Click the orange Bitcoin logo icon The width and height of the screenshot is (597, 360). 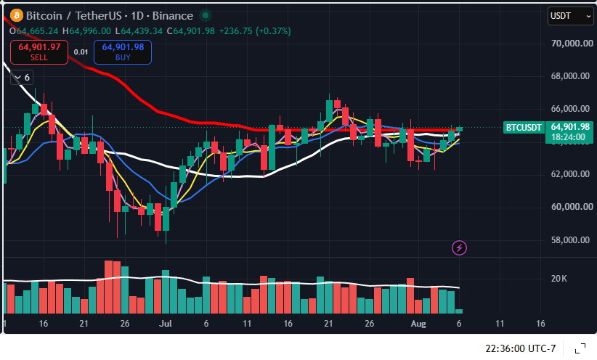click(17, 15)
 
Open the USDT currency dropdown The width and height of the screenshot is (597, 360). click(570, 16)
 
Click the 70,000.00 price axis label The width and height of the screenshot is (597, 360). click(572, 44)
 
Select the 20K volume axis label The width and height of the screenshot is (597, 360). click(559, 279)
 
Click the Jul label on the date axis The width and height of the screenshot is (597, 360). click(166, 324)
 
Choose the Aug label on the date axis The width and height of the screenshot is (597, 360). click(418, 324)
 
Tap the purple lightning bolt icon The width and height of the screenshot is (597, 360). click(459, 248)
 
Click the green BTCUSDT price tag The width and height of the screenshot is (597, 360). click(524, 128)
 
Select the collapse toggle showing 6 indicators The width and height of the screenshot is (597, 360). click(22, 78)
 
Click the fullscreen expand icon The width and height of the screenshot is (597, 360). click(580, 348)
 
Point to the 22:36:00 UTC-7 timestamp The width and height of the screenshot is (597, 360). click(521, 348)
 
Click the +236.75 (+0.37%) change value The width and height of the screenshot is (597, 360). click(255, 30)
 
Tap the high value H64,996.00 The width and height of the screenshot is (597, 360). click(87, 30)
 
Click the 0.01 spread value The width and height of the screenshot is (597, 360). click(81, 52)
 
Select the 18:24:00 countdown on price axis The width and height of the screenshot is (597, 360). click(568, 137)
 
